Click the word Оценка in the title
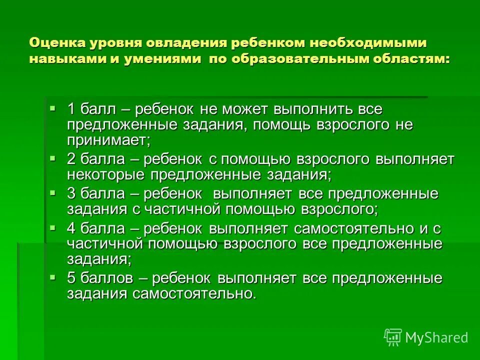56,42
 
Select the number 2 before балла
71,160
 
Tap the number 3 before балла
71,193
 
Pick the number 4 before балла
71,228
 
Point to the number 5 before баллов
71,278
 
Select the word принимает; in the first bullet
108,140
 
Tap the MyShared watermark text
436,337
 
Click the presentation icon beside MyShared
393,337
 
